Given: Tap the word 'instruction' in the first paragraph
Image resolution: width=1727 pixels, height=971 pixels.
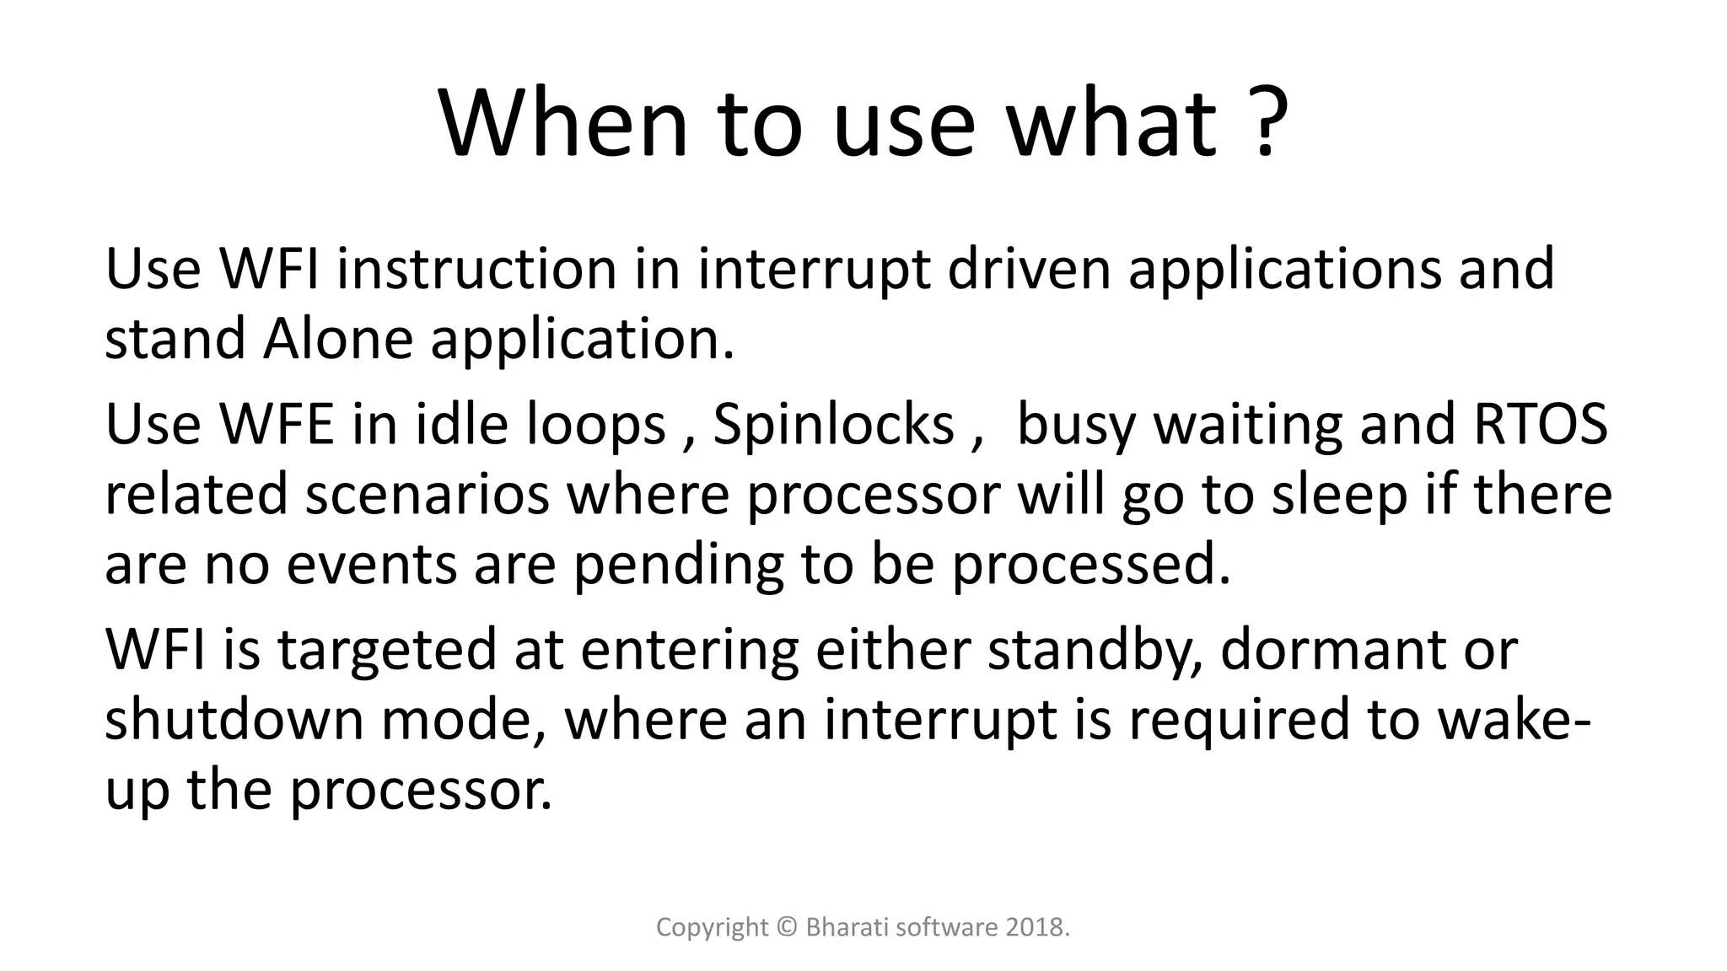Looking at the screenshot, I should pyautogui.click(x=477, y=270).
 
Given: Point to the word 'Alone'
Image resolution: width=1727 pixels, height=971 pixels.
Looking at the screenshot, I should pyautogui.click(x=337, y=340).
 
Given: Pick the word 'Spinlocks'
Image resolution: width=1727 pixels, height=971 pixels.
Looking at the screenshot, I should pyautogui.click(x=833, y=424).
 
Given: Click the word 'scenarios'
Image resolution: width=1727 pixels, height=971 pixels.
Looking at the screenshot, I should pyautogui.click(x=427, y=495).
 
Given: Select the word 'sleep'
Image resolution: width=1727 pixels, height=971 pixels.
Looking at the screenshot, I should pyautogui.click(x=1339, y=495).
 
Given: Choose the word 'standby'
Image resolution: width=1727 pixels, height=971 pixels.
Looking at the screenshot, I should pyautogui.click(x=1095, y=651).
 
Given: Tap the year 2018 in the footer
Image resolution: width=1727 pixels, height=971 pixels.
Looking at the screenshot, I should pyautogui.click(x=1036, y=927).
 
